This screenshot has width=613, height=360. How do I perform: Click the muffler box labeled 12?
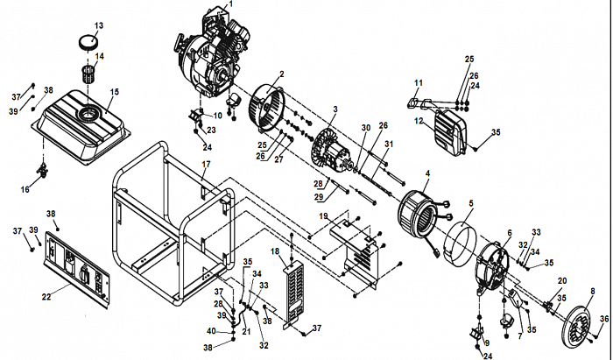[x=454, y=131]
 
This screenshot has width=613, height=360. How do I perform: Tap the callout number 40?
[x=211, y=330]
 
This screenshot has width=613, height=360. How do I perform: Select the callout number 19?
[x=323, y=215]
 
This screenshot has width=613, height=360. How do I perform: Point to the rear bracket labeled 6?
[x=495, y=263]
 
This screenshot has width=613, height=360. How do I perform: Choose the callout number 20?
[x=562, y=280]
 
